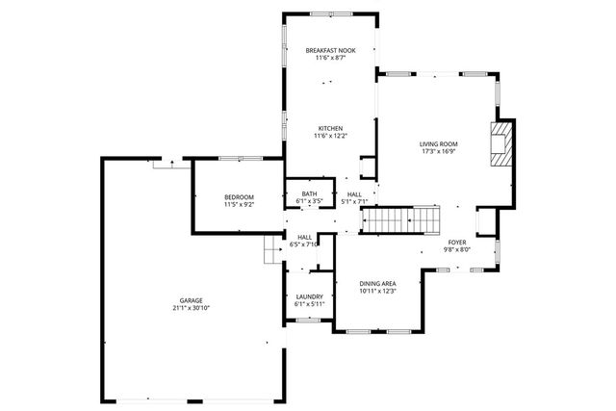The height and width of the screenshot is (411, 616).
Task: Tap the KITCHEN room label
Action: (329, 128)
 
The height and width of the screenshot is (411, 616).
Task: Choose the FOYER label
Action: (457, 243)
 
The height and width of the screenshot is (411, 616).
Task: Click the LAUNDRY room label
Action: (309, 296)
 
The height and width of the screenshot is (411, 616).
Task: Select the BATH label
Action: (309, 193)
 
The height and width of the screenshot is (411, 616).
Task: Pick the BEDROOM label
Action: (239, 196)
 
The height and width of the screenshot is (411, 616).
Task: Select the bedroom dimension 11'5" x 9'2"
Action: (239, 204)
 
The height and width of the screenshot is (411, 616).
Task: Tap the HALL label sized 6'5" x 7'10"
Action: (304, 237)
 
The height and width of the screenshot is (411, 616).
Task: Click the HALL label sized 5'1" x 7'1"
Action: (354, 194)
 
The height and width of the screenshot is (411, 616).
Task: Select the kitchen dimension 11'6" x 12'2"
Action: (329, 136)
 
